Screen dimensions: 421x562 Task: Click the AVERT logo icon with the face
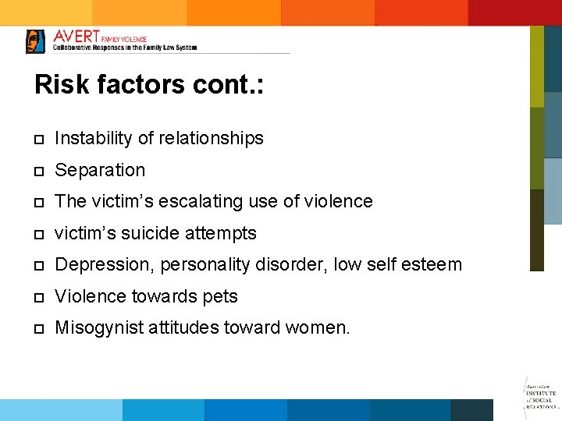click(x=35, y=41)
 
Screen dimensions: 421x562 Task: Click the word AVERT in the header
click(x=76, y=37)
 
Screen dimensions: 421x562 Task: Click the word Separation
click(x=100, y=170)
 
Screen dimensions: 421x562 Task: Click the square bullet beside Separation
click(x=38, y=171)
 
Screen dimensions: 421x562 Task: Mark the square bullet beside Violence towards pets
click(x=38, y=297)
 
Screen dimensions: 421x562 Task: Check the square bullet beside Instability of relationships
click(x=38, y=140)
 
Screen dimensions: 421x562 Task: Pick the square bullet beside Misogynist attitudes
click(x=38, y=329)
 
